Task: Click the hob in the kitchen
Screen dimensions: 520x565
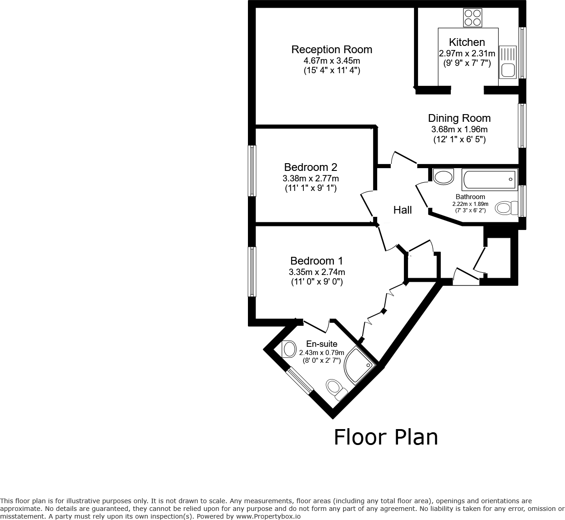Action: pyautogui.click(x=472, y=18)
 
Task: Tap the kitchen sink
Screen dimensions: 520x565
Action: pyautogui.click(x=508, y=62)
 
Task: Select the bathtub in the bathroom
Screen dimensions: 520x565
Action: pyautogui.click(x=489, y=180)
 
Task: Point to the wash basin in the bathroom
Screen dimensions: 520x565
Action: pyautogui.click(x=443, y=176)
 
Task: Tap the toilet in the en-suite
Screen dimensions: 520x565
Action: pyautogui.click(x=336, y=389)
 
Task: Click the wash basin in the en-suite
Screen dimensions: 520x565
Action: pyautogui.click(x=288, y=349)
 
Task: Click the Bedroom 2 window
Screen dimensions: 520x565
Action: pyautogui.click(x=252, y=170)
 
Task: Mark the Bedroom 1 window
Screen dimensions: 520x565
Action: pyautogui.click(x=252, y=271)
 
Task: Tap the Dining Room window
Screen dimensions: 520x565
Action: pyautogui.click(x=522, y=125)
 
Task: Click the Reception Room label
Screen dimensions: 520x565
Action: pyautogui.click(x=332, y=50)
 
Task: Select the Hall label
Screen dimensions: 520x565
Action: pyautogui.click(x=403, y=210)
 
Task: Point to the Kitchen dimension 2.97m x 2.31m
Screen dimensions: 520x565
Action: pyautogui.click(x=467, y=54)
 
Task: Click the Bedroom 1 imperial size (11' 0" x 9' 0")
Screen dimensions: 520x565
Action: pyautogui.click(x=317, y=282)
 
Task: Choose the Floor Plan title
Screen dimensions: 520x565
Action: pyautogui.click(x=386, y=437)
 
